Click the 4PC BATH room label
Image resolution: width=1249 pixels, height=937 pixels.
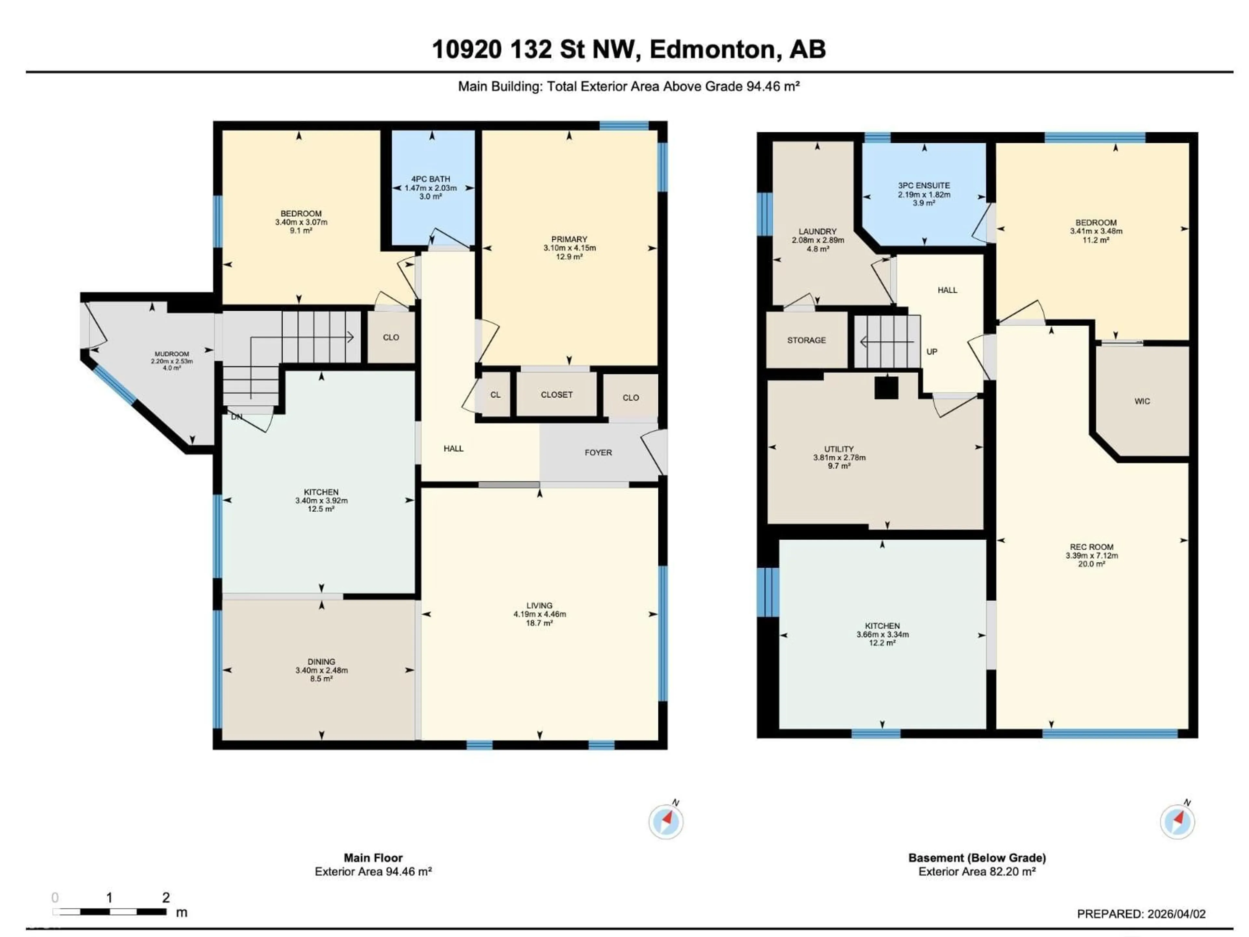[x=430, y=179]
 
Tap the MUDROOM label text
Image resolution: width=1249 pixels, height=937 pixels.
[x=172, y=354]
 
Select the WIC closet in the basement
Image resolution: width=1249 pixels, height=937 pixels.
[x=1142, y=401]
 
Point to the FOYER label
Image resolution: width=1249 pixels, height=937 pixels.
[x=598, y=453]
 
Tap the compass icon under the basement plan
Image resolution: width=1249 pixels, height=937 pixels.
[x=1177, y=822]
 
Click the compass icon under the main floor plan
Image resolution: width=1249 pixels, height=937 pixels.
[x=666, y=822]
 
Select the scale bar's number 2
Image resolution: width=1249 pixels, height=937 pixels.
[x=166, y=897]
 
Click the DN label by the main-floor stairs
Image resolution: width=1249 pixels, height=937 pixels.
[x=236, y=417]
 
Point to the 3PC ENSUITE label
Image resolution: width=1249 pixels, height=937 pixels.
[x=924, y=185]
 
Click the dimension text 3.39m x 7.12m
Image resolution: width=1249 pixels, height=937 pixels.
[x=1092, y=555]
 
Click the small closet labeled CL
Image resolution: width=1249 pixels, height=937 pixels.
[x=495, y=395]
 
